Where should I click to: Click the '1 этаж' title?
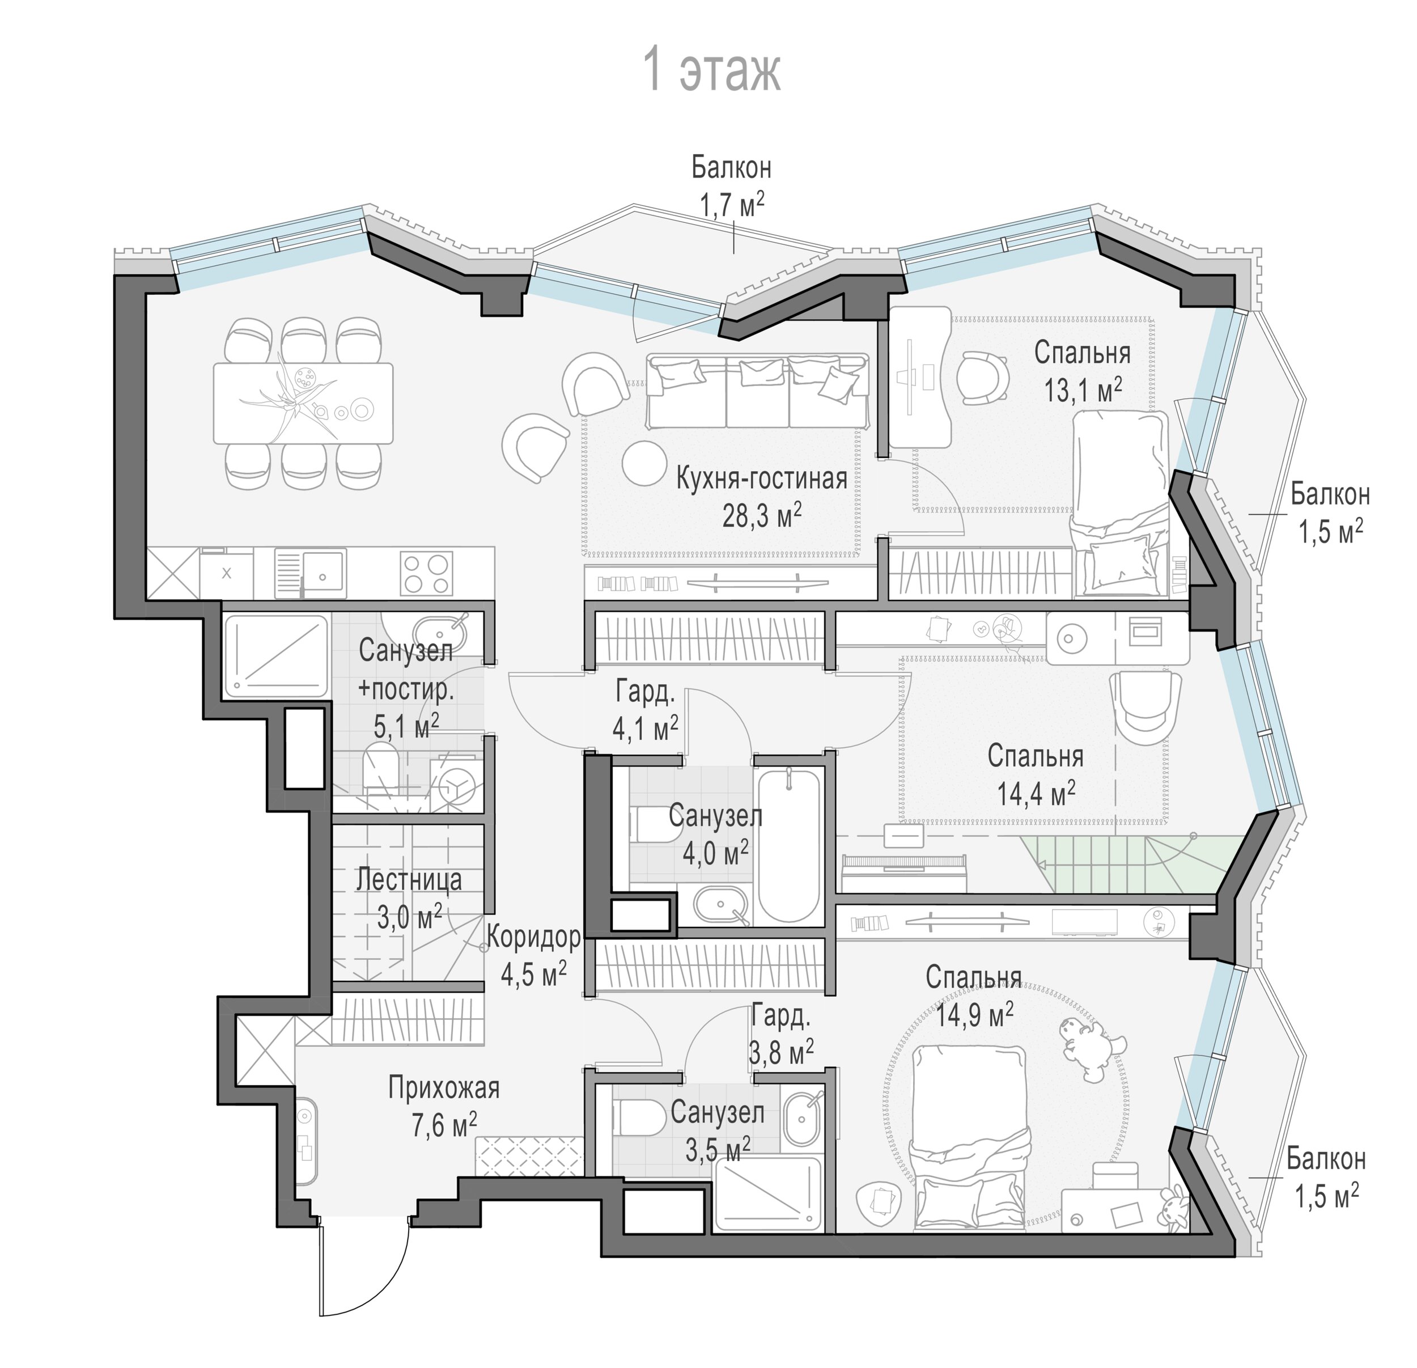[x=712, y=71]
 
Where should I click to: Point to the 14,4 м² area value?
[x=1036, y=794]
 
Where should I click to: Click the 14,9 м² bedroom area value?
[x=974, y=1015]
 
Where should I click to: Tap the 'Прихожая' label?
[x=444, y=1087]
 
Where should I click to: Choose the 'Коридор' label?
[x=533, y=937]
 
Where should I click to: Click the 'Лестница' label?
[x=409, y=880]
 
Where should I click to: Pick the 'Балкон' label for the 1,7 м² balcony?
[x=731, y=168]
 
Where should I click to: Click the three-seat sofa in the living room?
[x=758, y=391]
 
